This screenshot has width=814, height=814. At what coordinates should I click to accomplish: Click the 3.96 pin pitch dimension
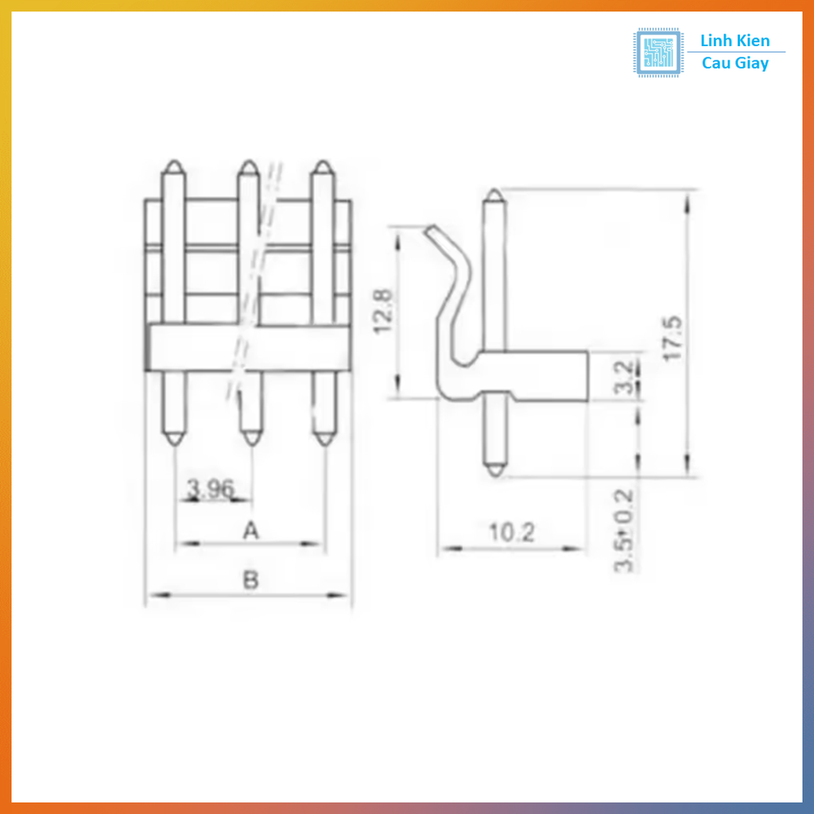[210, 489]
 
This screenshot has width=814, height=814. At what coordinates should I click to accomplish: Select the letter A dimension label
[250, 530]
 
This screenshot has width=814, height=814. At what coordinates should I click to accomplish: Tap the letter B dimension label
[250, 581]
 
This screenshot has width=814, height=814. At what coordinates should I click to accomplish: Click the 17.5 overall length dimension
[673, 339]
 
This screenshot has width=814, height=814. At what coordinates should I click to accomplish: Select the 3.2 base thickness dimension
[626, 378]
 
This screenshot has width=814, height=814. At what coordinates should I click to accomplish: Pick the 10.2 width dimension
[511, 533]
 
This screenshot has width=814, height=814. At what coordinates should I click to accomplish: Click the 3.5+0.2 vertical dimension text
[625, 530]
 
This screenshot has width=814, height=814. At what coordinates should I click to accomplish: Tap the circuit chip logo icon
[657, 52]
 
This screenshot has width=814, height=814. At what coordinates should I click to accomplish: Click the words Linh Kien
[735, 41]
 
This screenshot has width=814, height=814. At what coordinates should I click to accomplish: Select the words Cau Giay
[735, 64]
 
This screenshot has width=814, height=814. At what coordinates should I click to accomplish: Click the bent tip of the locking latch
[429, 231]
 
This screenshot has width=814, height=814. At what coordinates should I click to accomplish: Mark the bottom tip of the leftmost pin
[174, 440]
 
